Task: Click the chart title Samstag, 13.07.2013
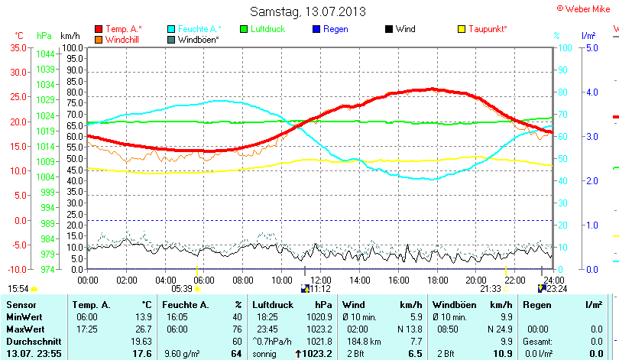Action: pyautogui.click(x=308, y=11)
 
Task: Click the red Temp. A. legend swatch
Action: pyautogui.click(x=99, y=29)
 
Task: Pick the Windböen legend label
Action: pyautogui.click(x=198, y=39)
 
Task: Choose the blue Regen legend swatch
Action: pyautogui.click(x=317, y=29)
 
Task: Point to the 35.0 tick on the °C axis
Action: pyautogui.click(x=17, y=47)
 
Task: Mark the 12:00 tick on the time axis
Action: pyautogui.click(x=319, y=280)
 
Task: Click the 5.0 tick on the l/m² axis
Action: pyautogui.click(x=591, y=47)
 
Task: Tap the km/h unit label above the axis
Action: pyautogui.click(x=70, y=36)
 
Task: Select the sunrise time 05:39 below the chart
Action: pyautogui.click(x=182, y=289)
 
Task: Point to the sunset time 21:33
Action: pyautogui.click(x=490, y=289)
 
